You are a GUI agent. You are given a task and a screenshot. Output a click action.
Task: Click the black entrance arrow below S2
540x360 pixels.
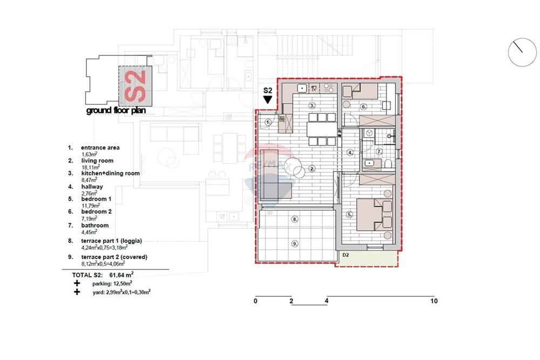268,99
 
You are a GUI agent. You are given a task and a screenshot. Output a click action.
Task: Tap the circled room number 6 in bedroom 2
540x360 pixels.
363,107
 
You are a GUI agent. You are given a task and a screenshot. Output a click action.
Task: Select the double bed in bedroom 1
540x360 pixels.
374,214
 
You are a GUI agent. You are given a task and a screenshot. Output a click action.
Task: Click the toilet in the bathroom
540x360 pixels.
388,164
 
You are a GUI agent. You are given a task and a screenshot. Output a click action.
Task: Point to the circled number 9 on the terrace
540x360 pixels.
295,243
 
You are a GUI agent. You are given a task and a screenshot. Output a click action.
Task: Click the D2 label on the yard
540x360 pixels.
346,255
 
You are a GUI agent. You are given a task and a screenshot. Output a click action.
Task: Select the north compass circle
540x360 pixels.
522,52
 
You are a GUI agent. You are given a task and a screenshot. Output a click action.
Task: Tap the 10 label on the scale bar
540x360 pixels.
434,301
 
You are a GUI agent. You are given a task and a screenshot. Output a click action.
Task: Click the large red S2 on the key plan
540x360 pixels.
136,86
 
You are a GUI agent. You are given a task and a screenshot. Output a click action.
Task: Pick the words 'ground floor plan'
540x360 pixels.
116,111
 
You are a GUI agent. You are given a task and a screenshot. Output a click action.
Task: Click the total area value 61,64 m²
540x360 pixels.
121,275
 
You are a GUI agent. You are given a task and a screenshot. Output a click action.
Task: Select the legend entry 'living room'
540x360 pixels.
97,161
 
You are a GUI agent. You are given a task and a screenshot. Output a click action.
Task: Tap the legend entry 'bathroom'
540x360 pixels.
95,226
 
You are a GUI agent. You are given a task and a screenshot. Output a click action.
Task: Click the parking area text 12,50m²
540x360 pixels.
123,283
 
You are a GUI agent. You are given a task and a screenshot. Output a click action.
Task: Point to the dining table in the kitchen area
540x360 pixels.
322,130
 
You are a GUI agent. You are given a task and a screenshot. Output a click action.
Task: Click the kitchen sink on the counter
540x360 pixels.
302,89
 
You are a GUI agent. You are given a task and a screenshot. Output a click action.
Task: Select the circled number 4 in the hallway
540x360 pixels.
350,152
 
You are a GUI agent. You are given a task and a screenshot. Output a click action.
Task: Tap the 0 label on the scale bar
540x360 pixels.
255,301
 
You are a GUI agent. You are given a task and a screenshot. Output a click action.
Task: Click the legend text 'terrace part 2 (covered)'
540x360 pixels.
114,257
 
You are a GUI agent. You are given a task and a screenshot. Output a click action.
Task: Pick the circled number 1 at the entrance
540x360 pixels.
268,122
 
